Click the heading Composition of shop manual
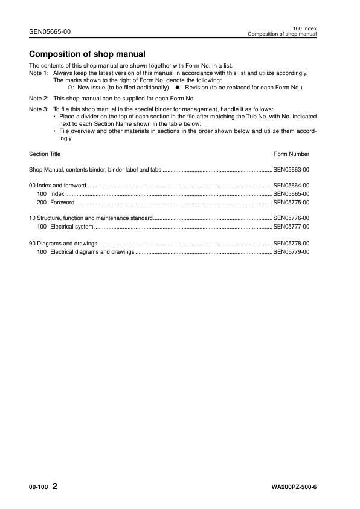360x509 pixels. coord(87,54)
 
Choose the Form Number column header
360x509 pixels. coord(292,154)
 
